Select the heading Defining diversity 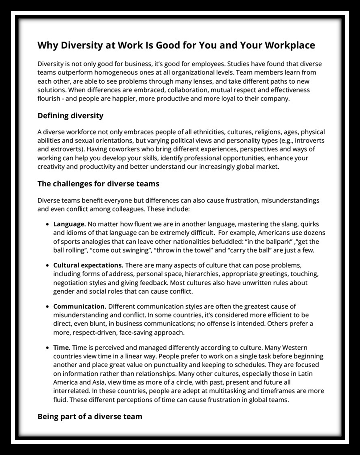click(x=70, y=116)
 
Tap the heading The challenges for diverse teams click(x=98, y=184)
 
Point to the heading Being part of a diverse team click(x=90, y=416)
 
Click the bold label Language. click(x=69, y=224)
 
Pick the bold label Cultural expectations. click(x=88, y=265)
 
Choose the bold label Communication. click(x=79, y=306)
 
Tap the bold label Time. click(x=62, y=347)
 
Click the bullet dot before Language click(x=48, y=225)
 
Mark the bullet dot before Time click(x=48, y=348)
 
